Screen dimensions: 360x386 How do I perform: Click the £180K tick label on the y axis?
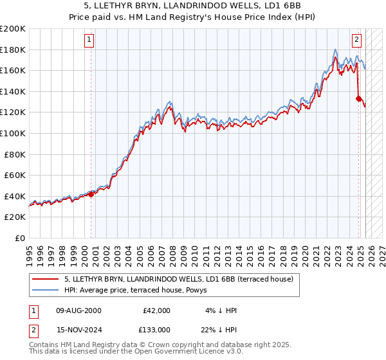tap(13, 50)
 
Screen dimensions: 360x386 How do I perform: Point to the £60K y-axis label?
tap(15, 175)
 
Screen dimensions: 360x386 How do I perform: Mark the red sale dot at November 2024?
tap(358, 98)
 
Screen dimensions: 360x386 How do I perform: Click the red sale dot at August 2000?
tap(91, 194)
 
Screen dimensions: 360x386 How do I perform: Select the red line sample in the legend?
tap(46, 279)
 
